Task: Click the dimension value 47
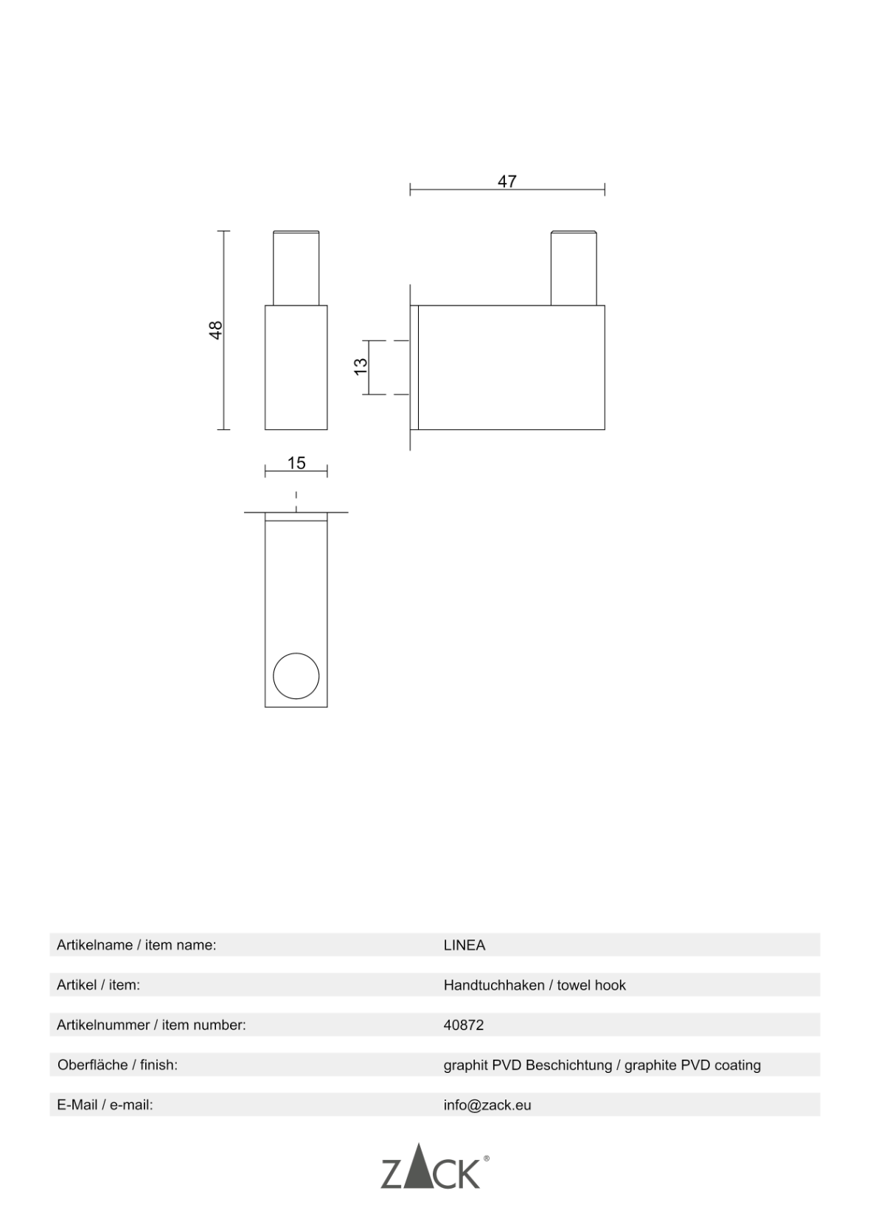click(x=507, y=181)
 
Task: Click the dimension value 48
click(x=216, y=330)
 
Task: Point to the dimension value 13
click(x=361, y=366)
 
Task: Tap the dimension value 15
click(x=296, y=463)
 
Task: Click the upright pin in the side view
click(x=574, y=268)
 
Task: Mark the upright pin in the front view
click(x=296, y=268)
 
